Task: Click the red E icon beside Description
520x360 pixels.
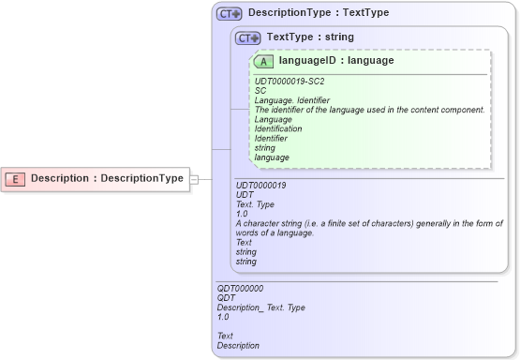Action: pyautogui.click(x=17, y=178)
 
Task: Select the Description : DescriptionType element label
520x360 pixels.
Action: pyautogui.click(x=107, y=178)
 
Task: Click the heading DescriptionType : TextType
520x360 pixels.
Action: pyautogui.click(x=319, y=13)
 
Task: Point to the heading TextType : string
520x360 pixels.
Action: pyautogui.click(x=310, y=37)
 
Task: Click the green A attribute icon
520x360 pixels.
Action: pyautogui.click(x=264, y=61)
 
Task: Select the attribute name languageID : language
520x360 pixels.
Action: pyautogui.click(x=335, y=61)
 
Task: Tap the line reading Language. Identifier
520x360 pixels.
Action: pyautogui.click(x=291, y=100)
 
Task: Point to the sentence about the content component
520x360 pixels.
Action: pyautogui.click(x=369, y=110)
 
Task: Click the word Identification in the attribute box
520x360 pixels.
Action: pyautogui.click(x=278, y=129)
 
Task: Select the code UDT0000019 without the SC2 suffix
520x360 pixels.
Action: pyautogui.click(x=260, y=186)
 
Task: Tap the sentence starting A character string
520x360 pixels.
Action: pyautogui.click(x=369, y=228)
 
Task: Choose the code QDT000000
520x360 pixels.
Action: pyautogui.click(x=240, y=289)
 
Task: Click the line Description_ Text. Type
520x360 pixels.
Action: pyautogui.click(x=260, y=307)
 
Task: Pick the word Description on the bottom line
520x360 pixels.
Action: pyautogui.click(x=238, y=345)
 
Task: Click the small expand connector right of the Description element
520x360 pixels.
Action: pyautogui.click(x=195, y=178)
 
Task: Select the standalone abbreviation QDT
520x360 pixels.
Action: pyautogui.click(x=227, y=298)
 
